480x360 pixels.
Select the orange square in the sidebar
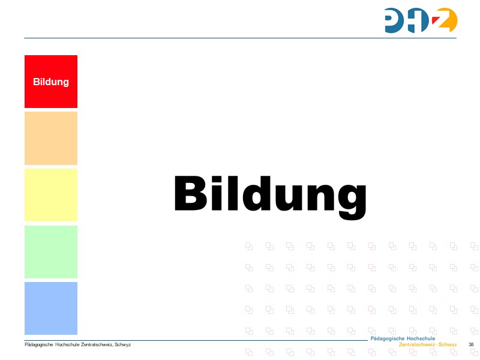(x=51, y=138)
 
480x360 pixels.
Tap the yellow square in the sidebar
(x=51, y=195)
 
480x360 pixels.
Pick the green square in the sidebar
(x=51, y=251)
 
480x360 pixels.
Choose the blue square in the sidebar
(x=51, y=308)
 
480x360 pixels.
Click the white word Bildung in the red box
(x=51, y=82)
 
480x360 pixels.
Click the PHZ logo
(x=421, y=20)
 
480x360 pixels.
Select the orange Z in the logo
(x=446, y=20)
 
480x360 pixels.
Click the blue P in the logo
(x=396, y=20)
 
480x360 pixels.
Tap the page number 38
(x=471, y=344)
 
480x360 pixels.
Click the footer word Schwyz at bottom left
(x=123, y=344)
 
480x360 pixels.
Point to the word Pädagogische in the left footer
(x=38, y=344)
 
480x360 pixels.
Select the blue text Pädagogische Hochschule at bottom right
(x=403, y=339)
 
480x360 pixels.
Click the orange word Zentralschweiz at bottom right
(x=418, y=345)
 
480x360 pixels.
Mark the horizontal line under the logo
(x=240, y=38)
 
